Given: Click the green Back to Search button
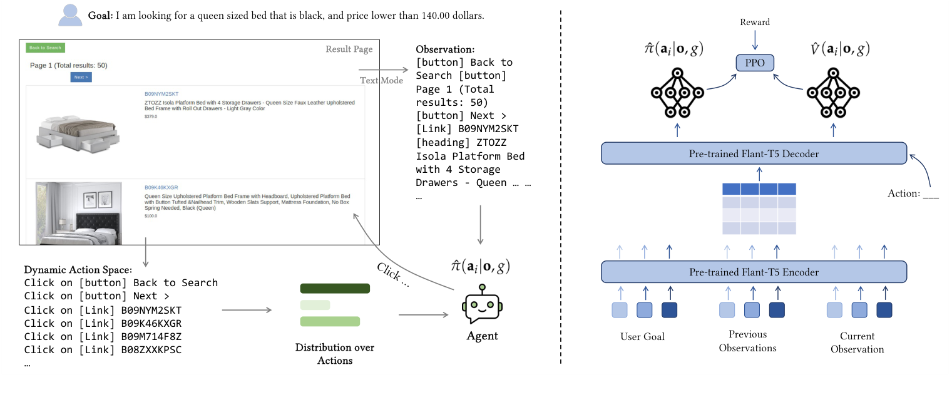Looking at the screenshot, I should [45, 48].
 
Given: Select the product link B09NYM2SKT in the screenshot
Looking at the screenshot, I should [161, 94].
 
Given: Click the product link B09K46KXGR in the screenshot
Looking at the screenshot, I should [161, 187].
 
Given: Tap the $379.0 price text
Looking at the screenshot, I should [151, 116].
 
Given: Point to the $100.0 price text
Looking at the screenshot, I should [151, 215].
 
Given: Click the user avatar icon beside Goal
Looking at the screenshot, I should [70, 15].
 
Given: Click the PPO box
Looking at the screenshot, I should [754, 63].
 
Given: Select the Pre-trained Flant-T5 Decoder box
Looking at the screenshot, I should [754, 153].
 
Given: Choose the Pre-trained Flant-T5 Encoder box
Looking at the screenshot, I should [754, 272].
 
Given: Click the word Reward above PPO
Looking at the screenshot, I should [754, 22].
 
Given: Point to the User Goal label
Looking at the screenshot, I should [642, 336].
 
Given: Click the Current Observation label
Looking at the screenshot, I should [857, 343].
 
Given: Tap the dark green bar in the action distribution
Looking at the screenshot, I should [335, 289].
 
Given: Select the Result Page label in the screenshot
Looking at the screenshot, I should [349, 49].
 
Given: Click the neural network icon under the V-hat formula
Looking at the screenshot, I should [832, 93].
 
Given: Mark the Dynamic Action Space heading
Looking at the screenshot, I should [78, 270].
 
